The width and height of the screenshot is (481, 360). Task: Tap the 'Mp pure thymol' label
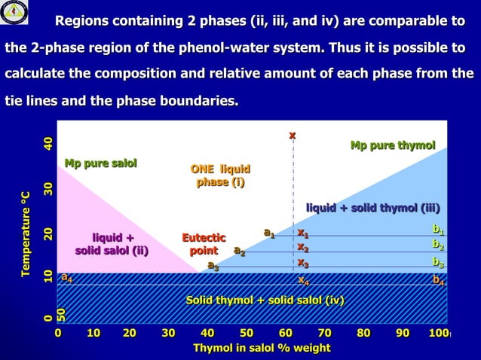tap(393, 145)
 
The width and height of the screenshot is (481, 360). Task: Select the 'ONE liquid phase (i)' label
tap(220, 175)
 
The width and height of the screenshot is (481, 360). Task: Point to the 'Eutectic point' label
tap(204, 245)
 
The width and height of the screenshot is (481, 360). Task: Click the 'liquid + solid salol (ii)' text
tap(112, 245)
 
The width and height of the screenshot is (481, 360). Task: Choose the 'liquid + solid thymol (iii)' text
tap(372, 208)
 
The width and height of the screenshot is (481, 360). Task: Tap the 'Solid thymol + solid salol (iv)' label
tap(265, 301)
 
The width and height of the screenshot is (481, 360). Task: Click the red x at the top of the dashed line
tap(293, 135)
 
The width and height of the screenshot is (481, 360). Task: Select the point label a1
tap(268, 233)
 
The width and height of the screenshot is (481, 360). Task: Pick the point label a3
tap(213, 265)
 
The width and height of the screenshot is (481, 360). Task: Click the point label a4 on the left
tap(67, 279)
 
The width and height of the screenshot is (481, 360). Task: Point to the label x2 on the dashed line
tap(302, 247)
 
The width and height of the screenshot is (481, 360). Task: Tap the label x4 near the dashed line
tap(303, 280)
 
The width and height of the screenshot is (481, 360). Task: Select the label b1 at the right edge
tap(437, 228)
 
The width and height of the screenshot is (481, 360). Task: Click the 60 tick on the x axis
tap(286, 333)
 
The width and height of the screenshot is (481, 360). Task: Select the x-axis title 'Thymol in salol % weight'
tap(262, 348)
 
